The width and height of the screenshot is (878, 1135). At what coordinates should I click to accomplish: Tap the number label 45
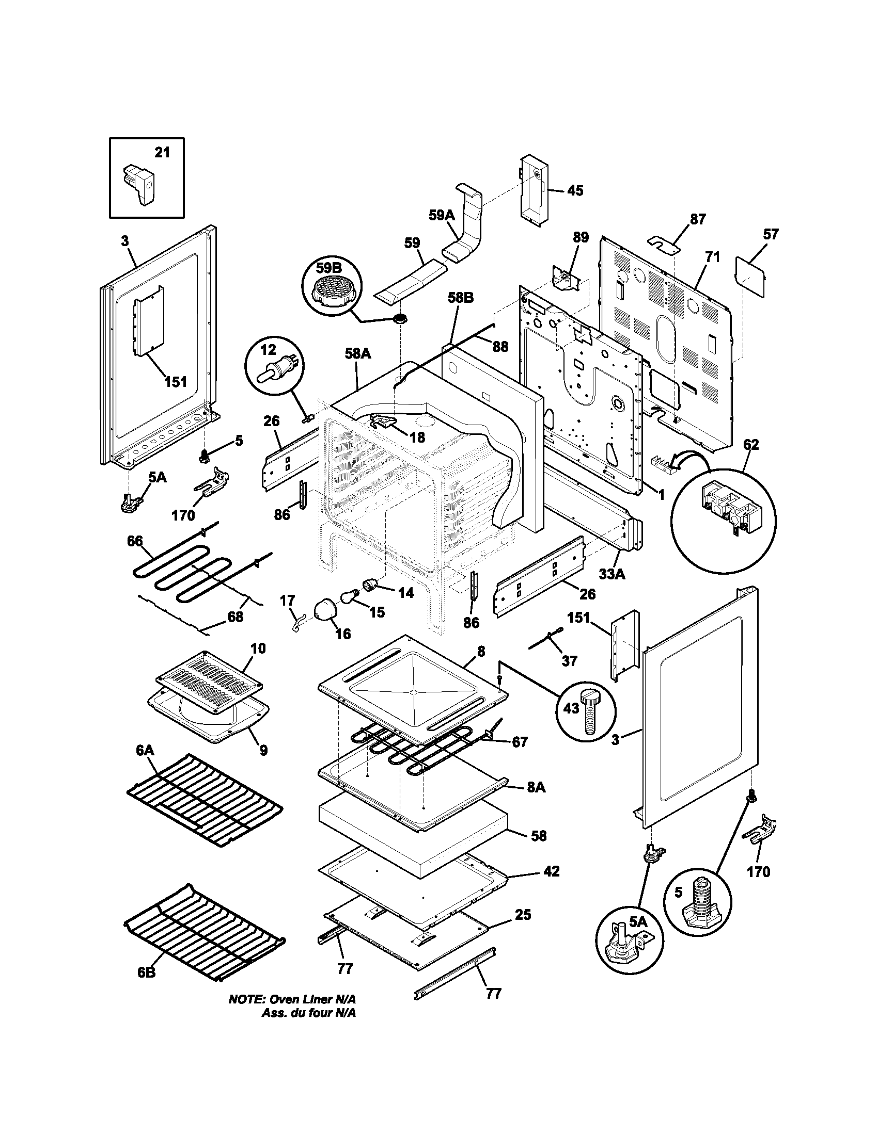click(x=575, y=191)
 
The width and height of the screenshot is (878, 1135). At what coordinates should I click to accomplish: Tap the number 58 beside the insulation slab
click(x=539, y=836)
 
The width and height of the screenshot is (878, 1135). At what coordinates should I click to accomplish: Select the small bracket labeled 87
click(x=665, y=242)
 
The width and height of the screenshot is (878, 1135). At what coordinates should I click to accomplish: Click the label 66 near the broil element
click(x=135, y=541)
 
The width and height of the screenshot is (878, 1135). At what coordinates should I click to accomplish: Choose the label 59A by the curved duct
click(x=442, y=215)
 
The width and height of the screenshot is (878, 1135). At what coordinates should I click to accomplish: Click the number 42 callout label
click(x=552, y=871)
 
